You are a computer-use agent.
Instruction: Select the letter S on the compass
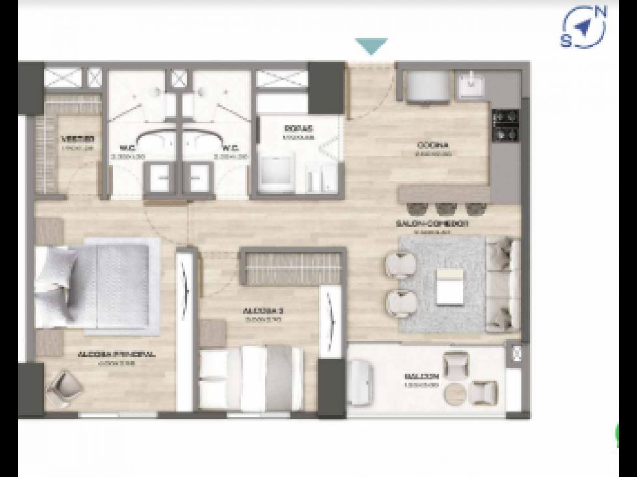click(566, 41)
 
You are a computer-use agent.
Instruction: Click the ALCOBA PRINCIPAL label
click(116, 355)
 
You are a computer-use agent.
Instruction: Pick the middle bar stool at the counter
click(446, 209)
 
